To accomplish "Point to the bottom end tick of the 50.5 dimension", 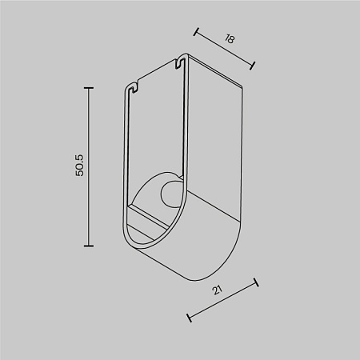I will point(89,246).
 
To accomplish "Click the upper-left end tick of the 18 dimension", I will point(197,32).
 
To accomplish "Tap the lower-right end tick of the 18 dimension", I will point(254,65).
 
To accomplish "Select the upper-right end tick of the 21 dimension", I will point(255,282).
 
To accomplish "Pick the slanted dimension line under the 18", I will point(225,48).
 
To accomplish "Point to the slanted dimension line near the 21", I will point(222,299).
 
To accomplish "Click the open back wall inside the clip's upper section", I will point(156,128).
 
